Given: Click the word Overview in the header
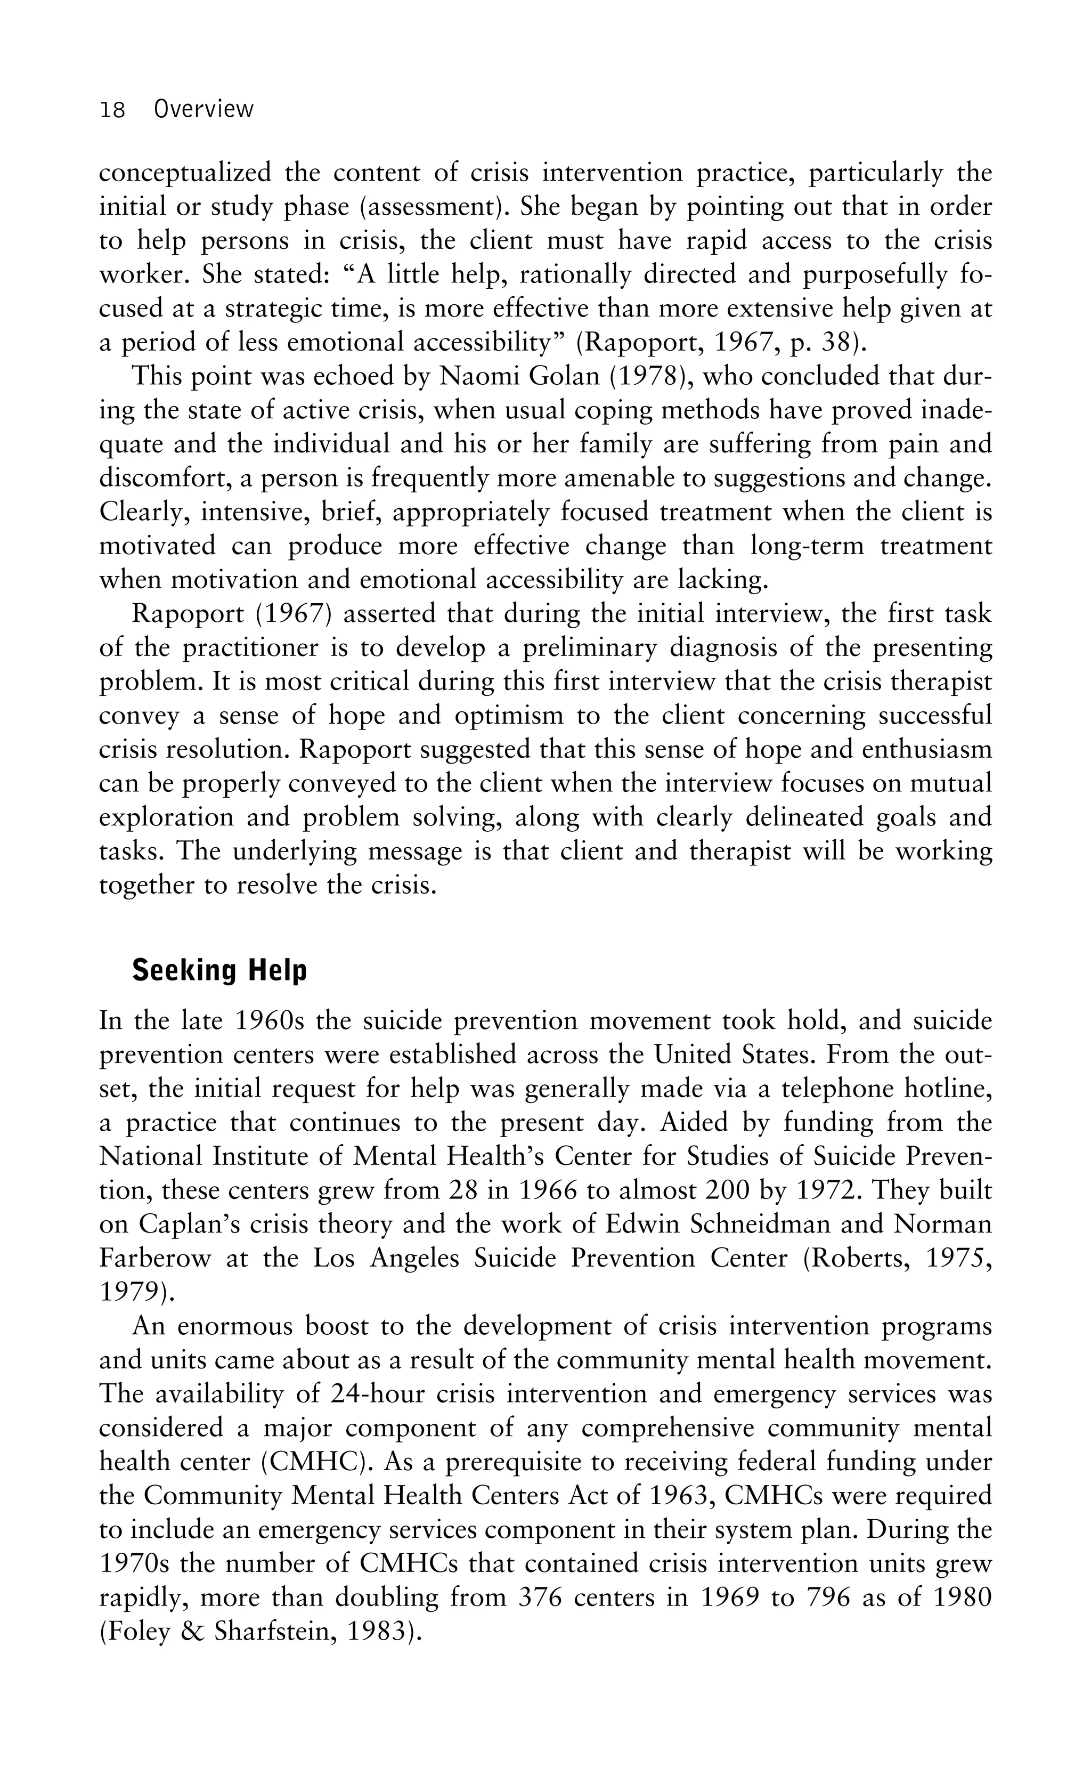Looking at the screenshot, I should coord(203,109).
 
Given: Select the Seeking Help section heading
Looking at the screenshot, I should coord(219,970).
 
